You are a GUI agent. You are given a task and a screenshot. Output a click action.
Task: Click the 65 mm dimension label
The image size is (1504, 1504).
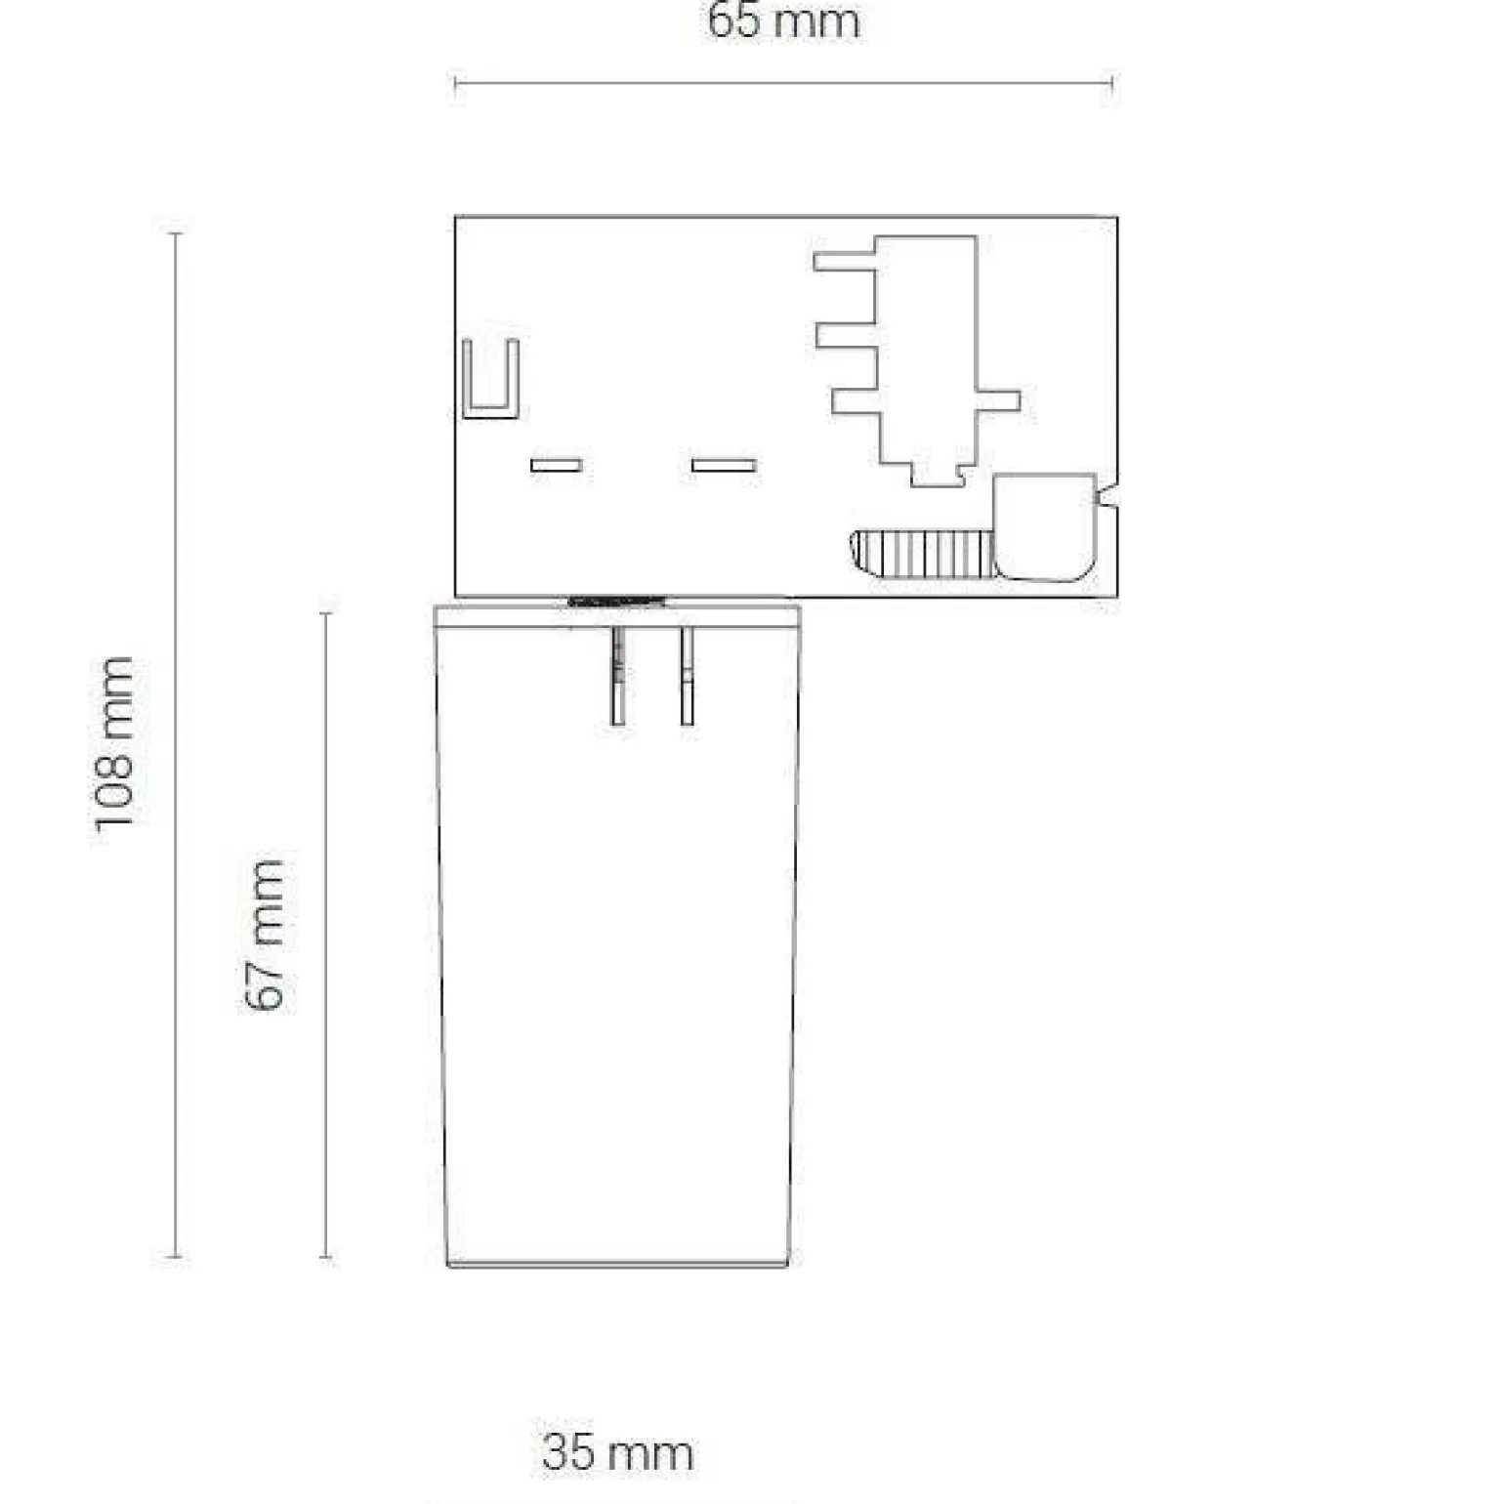(x=783, y=21)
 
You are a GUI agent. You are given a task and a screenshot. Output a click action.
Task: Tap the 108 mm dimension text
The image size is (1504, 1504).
(x=115, y=743)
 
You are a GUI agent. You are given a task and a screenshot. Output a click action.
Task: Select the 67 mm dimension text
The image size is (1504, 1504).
(x=265, y=935)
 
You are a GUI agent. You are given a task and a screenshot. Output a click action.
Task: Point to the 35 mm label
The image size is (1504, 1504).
(x=617, y=1452)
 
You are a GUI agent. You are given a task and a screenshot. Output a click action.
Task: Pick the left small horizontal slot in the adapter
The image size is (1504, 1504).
(x=557, y=465)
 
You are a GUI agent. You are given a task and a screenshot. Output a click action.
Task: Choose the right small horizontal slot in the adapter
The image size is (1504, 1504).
(x=724, y=465)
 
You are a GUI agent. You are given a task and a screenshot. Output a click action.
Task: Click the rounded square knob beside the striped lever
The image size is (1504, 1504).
(x=1044, y=527)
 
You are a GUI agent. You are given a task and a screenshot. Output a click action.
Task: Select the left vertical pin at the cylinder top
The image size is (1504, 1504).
(x=617, y=676)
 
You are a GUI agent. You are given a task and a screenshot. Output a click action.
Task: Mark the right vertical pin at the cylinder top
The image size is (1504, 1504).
(x=688, y=676)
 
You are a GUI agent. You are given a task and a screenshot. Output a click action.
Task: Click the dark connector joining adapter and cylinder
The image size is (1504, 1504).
(x=617, y=601)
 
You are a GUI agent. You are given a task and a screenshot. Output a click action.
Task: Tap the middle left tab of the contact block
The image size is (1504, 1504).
(x=847, y=336)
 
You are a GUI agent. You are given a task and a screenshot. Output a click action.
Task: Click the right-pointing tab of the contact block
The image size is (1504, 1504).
(x=997, y=400)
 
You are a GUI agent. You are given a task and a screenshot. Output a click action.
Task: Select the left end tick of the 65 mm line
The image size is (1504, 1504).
(x=456, y=84)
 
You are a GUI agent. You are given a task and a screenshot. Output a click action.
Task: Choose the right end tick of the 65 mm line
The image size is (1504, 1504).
(x=1112, y=84)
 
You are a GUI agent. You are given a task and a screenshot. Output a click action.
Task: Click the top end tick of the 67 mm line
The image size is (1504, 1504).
(x=326, y=613)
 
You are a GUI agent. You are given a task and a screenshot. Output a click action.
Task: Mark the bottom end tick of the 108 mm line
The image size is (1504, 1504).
(x=176, y=1257)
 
